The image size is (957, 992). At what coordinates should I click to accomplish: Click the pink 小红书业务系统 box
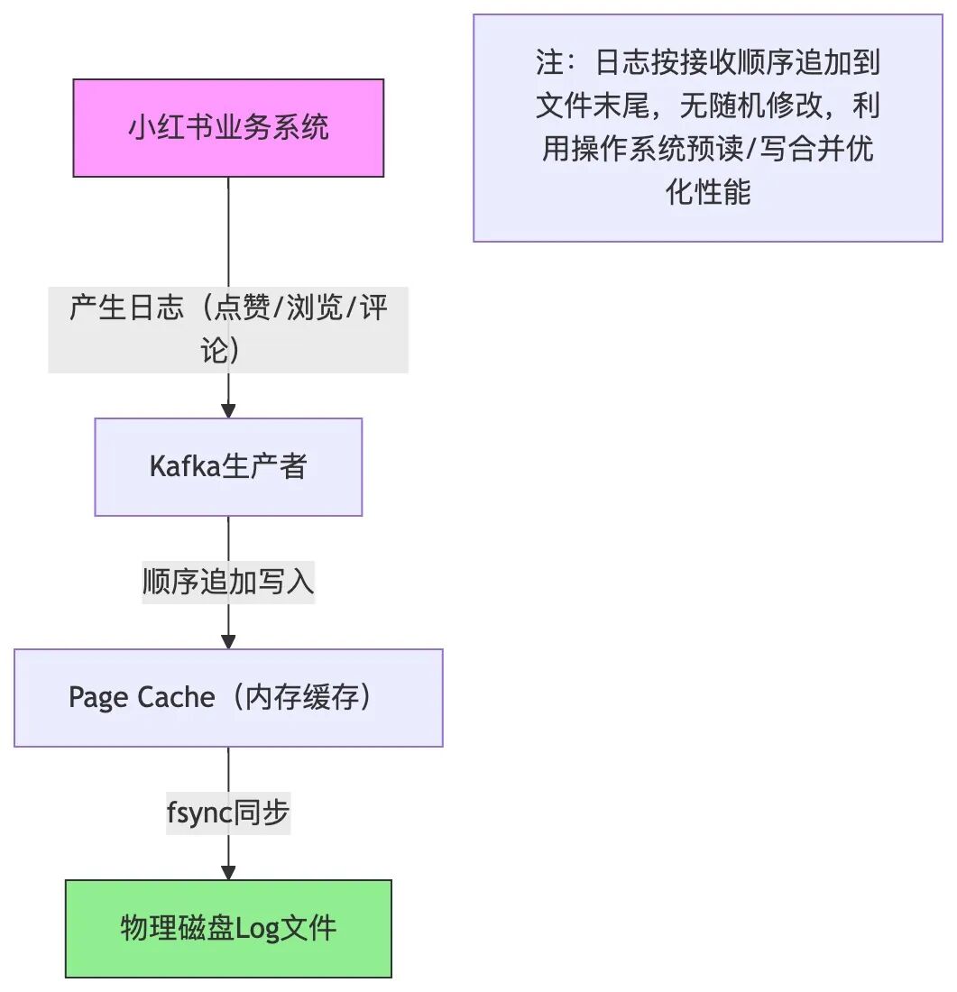[x=228, y=127]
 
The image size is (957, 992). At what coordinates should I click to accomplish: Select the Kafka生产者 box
[x=228, y=466]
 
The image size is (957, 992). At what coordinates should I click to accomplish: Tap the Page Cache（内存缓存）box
[x=228, y=697]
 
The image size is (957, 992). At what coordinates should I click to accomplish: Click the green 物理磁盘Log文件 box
[x=228, y=928]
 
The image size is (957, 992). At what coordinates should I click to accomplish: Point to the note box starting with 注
[x=708, y=127]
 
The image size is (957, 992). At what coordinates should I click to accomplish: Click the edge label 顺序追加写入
[x=228, y=582]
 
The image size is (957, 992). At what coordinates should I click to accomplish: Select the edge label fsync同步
[x=228, y=813]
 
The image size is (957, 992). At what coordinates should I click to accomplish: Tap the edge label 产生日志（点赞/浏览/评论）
[x=228, y=329]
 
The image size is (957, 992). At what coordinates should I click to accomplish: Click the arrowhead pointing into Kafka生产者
[x=228, y=410]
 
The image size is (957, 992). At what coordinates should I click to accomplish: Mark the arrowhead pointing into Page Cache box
[x=228, y=641]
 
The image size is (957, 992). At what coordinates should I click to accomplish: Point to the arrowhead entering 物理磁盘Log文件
[x=228, y=872]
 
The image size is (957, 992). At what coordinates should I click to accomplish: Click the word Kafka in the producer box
[x=178, y=466]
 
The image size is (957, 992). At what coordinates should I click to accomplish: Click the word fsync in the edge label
[x=199, y=813]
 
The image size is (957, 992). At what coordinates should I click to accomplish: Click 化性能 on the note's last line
[x=708, y=192]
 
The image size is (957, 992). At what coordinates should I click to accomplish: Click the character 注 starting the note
[x=548, y=63]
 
